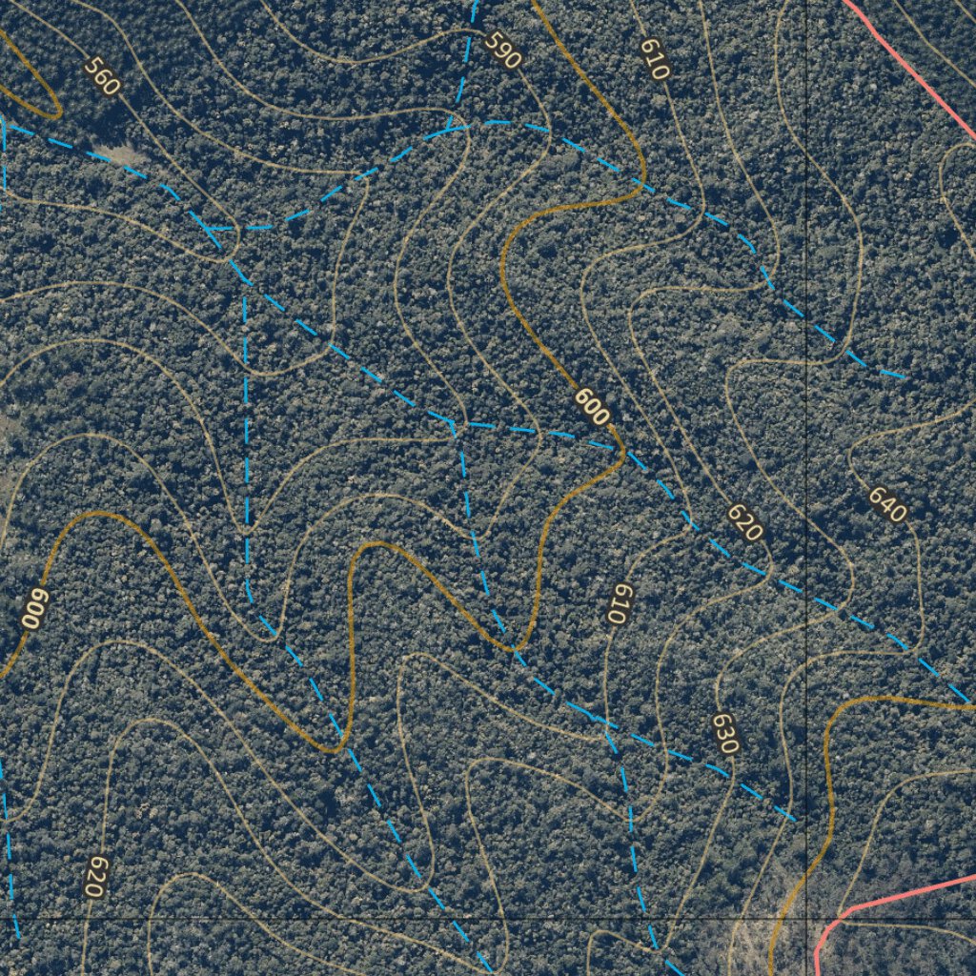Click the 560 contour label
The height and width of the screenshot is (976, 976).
101,76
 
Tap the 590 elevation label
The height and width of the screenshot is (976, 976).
502,50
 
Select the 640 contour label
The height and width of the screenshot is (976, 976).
886,504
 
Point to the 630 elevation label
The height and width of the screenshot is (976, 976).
724,734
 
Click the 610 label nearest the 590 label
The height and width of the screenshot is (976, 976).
655,59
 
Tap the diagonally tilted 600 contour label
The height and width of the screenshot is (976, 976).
592,407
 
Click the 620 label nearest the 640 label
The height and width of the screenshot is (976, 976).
744,522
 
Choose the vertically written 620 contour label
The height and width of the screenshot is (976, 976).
94,876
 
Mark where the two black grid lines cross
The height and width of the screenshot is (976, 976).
807,918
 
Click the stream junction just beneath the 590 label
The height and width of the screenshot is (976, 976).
451,126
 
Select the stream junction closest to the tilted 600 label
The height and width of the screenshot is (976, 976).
455,422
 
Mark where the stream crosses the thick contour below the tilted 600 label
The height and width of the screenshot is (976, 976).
514,650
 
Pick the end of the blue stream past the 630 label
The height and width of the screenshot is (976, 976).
795,818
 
